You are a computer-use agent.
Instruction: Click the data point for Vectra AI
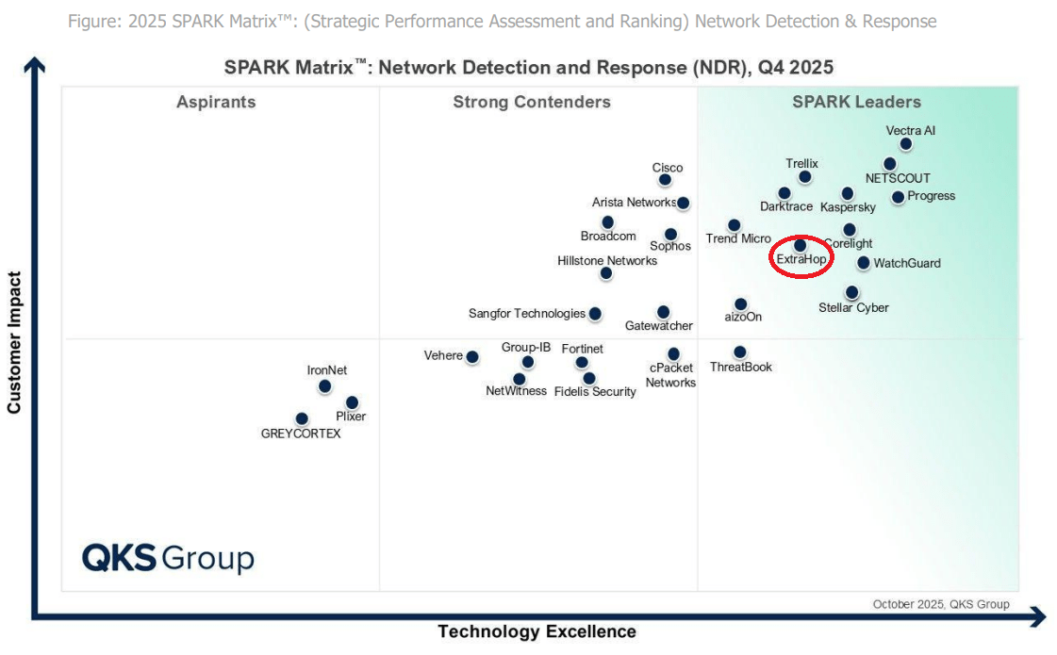tap(905, 144)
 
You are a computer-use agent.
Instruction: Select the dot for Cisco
tap(665, 179)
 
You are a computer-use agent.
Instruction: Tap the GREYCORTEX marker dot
tap(302, 418)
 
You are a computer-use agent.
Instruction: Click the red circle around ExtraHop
tap(801, 274)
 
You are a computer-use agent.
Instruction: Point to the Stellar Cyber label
tap(853, 308)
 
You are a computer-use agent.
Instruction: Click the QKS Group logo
tap(168, 557)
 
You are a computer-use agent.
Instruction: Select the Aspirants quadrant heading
tap(216, 102)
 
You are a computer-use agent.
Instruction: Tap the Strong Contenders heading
tap(532, 102)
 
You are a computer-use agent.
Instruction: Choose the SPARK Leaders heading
tap(856, 102)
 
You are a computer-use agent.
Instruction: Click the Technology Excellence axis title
tap(537, 631)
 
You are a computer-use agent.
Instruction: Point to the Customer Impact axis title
tap(14, 343)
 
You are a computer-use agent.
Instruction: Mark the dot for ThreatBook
tap(740, 352)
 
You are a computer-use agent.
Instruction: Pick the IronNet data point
tap(324, 385)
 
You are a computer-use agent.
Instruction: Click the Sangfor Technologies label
tap(527, 314)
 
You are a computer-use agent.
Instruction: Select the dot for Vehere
tap(472, 356)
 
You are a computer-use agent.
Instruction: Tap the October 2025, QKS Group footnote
tap(940, 604)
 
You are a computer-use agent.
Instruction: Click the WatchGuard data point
tap(864, 263)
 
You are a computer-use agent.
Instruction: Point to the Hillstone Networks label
tap(607, 260)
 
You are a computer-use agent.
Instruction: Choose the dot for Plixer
tap(352, 402)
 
